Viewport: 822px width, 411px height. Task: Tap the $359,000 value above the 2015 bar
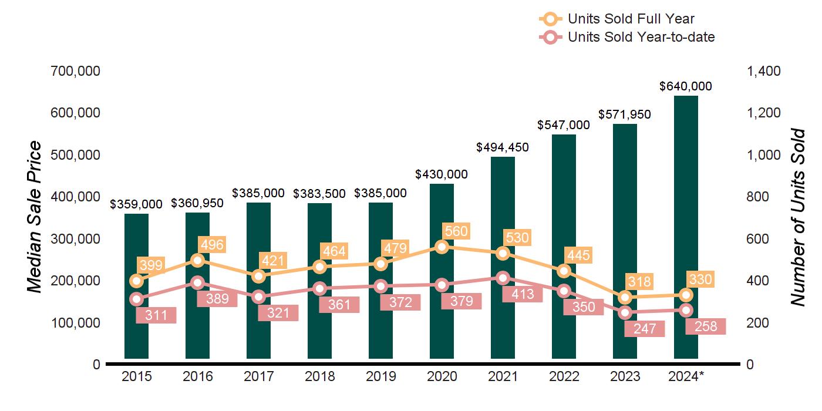coord(136,204)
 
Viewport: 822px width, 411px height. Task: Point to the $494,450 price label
coord(503,147)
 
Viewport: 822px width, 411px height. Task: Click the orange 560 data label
coord(456,231)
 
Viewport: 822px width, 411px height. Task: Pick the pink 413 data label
coord(518,294)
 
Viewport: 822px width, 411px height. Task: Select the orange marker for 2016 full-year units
coord(198,260)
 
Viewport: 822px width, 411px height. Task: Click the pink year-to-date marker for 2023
coord(625,312)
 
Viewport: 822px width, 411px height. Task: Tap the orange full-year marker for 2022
coord(564,271)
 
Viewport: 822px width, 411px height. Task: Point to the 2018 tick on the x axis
coord(319,376)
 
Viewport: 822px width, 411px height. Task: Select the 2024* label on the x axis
coord(686,376)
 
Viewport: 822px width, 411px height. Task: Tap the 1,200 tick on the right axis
coord(763,113)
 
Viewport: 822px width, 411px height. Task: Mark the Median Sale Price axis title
coord(35,217)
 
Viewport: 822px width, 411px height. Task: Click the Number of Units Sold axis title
coord(797,217)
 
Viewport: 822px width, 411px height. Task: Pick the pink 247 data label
coord(644,329)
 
